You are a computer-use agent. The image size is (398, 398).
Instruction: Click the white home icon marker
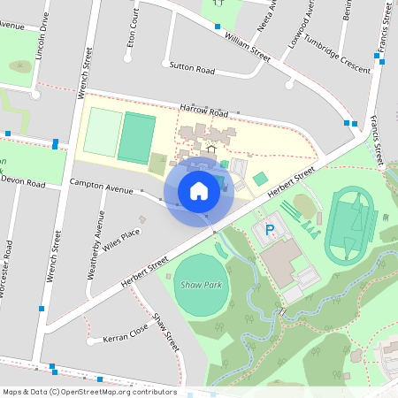click(x=199, y=191)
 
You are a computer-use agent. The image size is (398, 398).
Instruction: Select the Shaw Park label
click(x=201, y=286)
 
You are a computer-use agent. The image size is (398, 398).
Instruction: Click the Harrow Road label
click(x=203, y=111)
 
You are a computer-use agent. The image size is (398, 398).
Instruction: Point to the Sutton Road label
click(x=192, y=68)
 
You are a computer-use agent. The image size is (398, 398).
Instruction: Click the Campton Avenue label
click(x=101, y=187)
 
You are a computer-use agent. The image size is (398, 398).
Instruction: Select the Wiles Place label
click(x=121, y=239)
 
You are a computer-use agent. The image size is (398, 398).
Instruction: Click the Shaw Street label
click(x=166, y=332)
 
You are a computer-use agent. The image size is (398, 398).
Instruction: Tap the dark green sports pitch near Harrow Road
click(x=136, y=136)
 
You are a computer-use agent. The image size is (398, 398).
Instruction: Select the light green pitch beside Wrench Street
click(x=103, y=134)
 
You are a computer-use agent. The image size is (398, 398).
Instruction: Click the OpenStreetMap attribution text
click(x=89, y=392)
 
